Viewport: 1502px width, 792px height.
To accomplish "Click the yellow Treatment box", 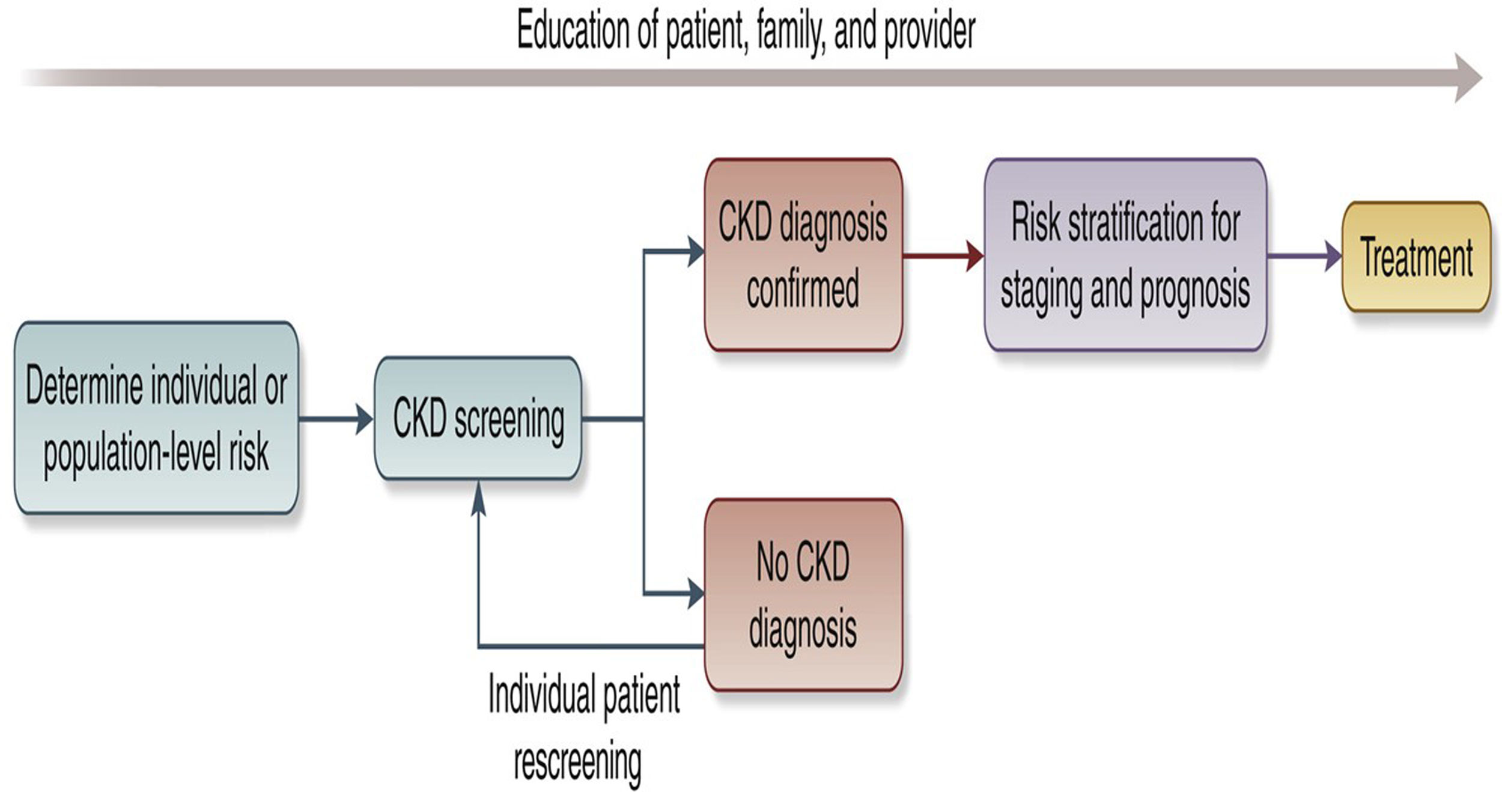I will tap(1416, 257).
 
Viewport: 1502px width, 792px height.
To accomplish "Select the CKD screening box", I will tap(478, 418).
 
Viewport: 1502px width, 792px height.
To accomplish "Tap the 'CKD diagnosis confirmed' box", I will tap(803, 255).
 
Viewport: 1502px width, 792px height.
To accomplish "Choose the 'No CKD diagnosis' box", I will tap(803, 594).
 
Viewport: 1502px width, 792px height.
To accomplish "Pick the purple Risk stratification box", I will tap(1125, 255).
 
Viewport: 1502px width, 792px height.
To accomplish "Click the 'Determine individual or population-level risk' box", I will tap(156, 418).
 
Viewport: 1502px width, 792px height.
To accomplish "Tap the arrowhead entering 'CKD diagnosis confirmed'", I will tap(696, 251).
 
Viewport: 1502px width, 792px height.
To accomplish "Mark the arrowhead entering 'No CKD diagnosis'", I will tap(696, 594).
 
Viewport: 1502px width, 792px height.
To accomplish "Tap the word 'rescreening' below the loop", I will tap(577, 762).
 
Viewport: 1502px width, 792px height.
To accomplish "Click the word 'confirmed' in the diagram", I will tap(803, 290).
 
